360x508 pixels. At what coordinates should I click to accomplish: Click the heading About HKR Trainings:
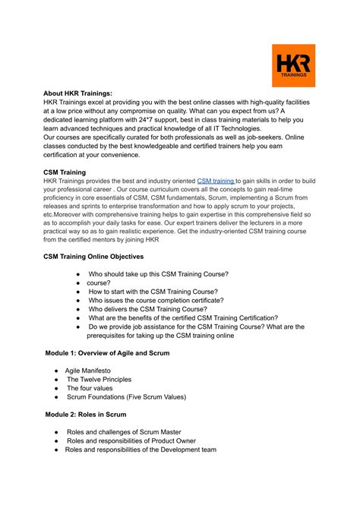pos(77,93)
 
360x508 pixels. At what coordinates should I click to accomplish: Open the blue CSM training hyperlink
pos(216,181)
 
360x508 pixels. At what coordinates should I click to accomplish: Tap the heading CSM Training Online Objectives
pos(93,257)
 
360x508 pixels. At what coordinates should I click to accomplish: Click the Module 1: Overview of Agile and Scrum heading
pos(106,353)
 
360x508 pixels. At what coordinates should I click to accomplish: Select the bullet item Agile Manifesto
pos(89,370)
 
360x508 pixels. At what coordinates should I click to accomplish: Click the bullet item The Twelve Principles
pos(99,379)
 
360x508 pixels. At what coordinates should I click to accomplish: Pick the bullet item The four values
pos(90,388)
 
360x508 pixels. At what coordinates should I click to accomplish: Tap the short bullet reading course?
pos(99,282)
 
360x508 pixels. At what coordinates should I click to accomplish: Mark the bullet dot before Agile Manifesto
pos(57,371)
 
